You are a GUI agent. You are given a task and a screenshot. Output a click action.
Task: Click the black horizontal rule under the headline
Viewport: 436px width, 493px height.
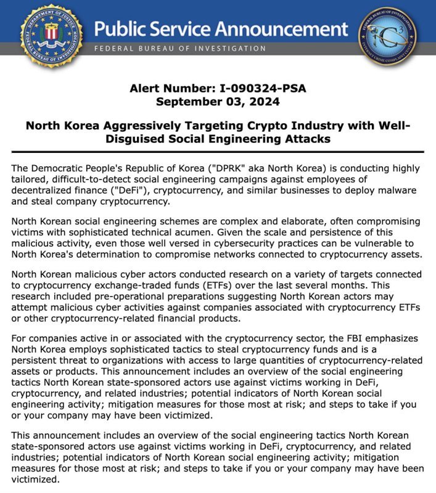[x=218, y=152]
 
